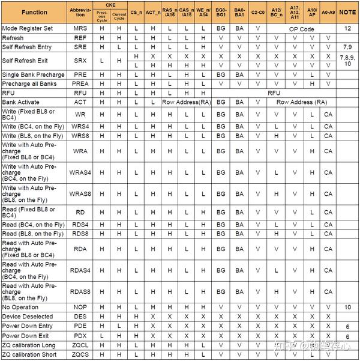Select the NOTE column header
[347, 13]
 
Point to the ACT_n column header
[153, 13]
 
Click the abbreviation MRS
[80, 28]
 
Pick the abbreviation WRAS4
[80, 173]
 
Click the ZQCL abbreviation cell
[80, 345]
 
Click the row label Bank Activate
[21, 102]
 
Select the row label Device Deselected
[28, 317]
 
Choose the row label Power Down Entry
[28, 326]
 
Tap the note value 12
[347, 28]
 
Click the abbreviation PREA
[80, 83]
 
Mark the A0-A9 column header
[328, 13]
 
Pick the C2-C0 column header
[258, 13]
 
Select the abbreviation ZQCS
[80, 355]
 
